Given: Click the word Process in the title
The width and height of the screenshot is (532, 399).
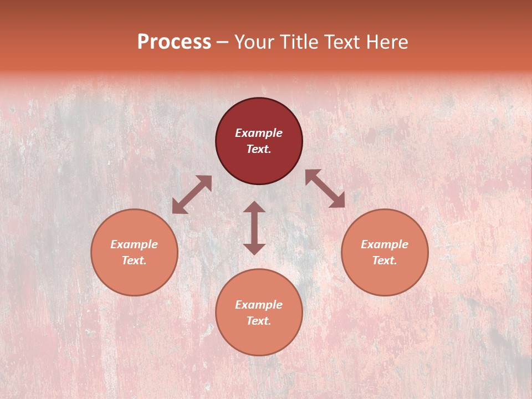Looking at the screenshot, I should [x=174, y=42].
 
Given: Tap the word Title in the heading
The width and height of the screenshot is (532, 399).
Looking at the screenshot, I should [x=301, y=42].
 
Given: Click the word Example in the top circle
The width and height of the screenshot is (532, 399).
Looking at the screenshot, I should [x=259, y=133].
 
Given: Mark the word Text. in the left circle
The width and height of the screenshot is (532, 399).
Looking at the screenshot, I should [x=134, y=260].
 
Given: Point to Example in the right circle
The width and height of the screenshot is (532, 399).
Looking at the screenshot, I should [x=385, y=244].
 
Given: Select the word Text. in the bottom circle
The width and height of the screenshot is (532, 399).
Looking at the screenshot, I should [x=259, y=321].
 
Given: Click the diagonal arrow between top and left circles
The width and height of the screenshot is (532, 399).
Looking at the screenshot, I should [x=192, y=195].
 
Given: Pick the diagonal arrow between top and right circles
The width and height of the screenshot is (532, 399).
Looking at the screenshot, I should [x=325, y=188].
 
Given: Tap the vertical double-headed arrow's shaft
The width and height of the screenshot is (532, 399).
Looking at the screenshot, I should [x=254, y=228].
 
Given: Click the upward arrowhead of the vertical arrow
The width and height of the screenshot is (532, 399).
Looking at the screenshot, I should [x=254, y=206].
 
